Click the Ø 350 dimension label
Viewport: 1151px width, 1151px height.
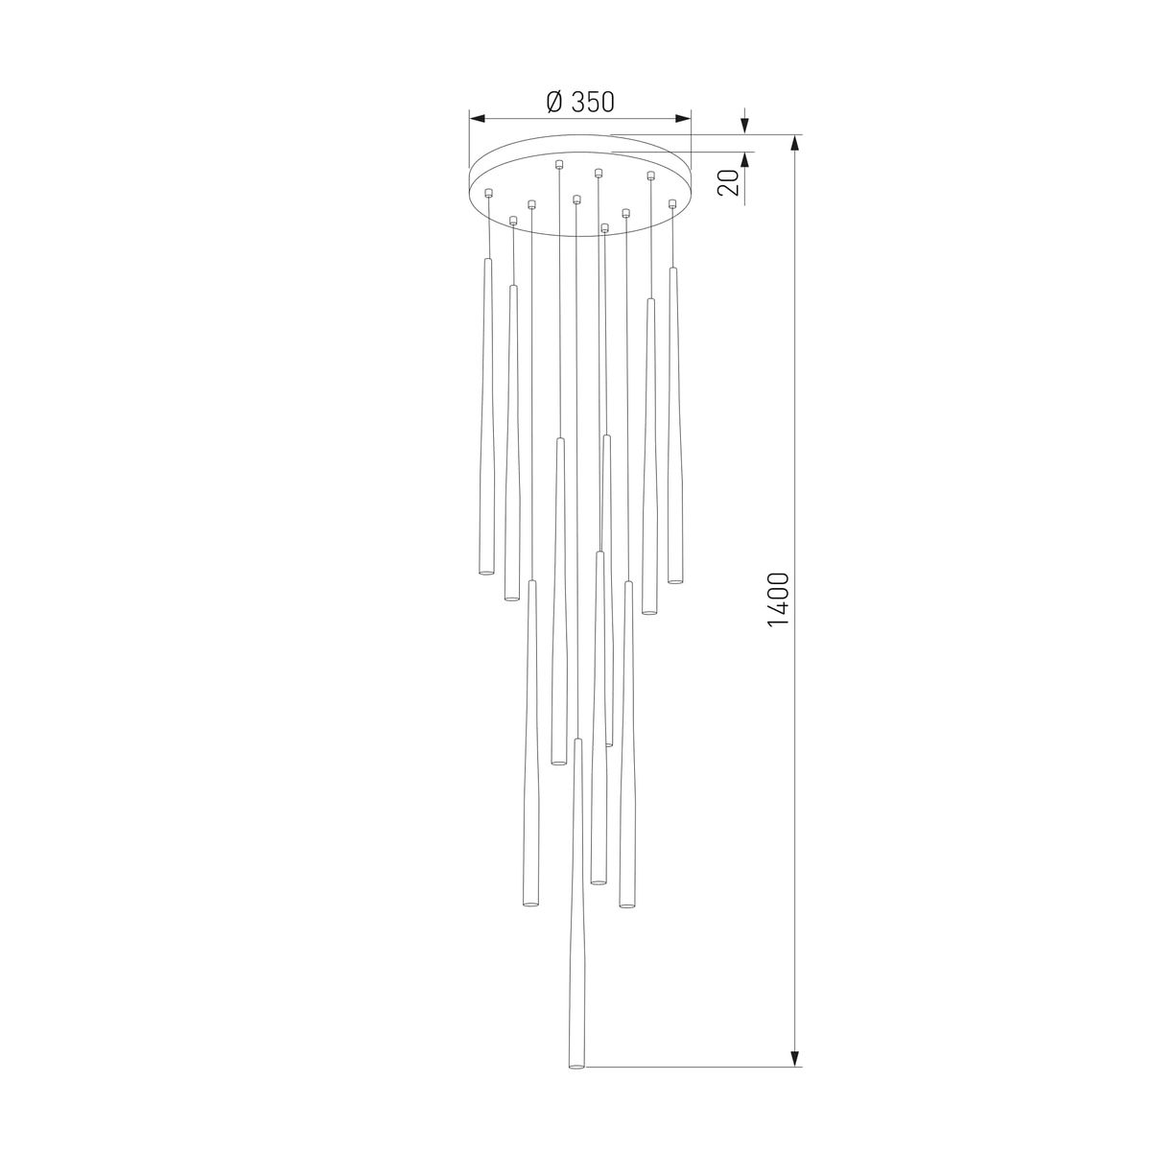[579, 101]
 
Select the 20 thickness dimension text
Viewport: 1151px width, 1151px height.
[730, 182]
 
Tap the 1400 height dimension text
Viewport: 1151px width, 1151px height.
[778, 599]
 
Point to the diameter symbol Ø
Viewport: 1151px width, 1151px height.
[553, 101]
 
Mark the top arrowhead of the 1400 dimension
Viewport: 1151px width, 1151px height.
[794, 144]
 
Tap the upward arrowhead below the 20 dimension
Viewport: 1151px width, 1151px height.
[745, 159]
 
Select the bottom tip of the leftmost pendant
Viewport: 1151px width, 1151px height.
[485, 574]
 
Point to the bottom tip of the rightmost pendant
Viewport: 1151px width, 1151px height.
[675, 581]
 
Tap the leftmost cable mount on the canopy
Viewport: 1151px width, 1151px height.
[489, 193]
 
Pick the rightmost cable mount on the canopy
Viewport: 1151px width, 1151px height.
[672, 203]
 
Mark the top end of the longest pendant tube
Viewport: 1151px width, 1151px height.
[577, 740]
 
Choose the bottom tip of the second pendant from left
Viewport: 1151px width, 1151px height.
[511, 600]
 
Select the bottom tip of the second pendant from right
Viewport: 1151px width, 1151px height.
[649, 612]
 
